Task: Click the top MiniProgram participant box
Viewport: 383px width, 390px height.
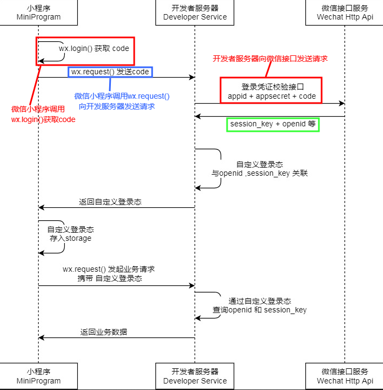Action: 39,12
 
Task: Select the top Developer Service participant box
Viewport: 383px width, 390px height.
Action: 195,12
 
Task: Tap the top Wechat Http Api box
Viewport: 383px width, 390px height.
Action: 344,12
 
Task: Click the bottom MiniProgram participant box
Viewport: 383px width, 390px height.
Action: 39,376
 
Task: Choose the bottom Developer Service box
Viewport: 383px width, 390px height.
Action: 195,376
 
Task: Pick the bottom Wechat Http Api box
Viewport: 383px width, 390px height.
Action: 344,376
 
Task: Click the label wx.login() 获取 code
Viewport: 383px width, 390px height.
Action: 94,48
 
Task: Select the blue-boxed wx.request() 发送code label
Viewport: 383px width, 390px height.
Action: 110,72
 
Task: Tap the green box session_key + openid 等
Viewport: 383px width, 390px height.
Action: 273,124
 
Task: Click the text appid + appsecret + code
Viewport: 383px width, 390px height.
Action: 272,96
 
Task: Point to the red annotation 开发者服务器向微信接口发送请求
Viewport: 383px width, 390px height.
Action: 270,59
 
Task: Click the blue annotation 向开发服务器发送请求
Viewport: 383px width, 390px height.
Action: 117,106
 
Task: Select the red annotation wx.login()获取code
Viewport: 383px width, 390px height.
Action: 43,120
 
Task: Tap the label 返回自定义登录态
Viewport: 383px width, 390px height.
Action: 110,202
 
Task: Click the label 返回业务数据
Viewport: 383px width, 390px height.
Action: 104,332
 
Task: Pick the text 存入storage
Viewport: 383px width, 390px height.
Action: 71,238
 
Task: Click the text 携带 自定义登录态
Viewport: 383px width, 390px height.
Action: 110,278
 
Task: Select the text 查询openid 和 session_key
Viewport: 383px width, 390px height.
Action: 259,310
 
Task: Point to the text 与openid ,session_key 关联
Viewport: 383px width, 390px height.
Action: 259,173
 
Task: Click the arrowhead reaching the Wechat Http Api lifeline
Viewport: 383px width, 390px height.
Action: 342,103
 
